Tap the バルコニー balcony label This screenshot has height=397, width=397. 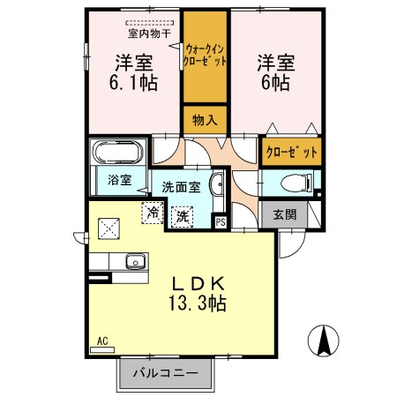pos(165,373)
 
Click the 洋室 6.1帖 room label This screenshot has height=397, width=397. pos(132,71)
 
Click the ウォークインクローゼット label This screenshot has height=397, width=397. pos(206,56)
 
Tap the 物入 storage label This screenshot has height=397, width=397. pos(205,118)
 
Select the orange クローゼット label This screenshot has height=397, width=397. pos(291,151)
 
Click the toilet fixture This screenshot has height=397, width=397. pos(296,184)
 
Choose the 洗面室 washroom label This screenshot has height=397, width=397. pos(182,187)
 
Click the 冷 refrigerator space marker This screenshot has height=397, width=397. pos(153,213)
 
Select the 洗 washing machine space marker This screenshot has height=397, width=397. pos(182,215)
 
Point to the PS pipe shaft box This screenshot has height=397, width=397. pos(221,221)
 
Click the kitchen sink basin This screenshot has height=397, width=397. pos(135,261)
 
